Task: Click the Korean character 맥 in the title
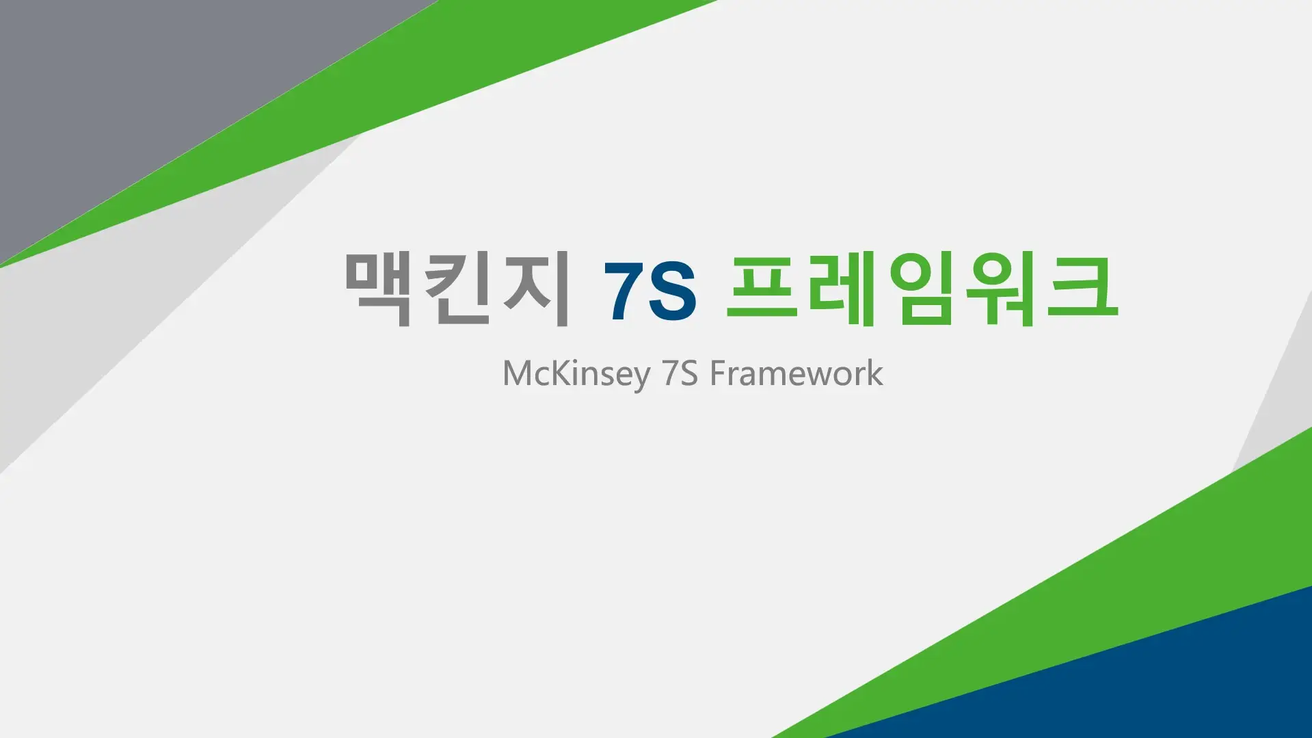(378, 288)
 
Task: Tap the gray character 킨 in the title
(457, 288)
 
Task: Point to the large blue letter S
(672, 291)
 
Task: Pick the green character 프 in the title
(762, 288)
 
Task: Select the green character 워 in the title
(1001, 288)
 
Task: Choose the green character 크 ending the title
(1082, 288)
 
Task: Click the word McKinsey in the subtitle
(576, 374)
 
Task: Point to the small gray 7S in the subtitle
(680, 373)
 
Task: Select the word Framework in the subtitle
(796, 373)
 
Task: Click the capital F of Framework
(717, 373)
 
